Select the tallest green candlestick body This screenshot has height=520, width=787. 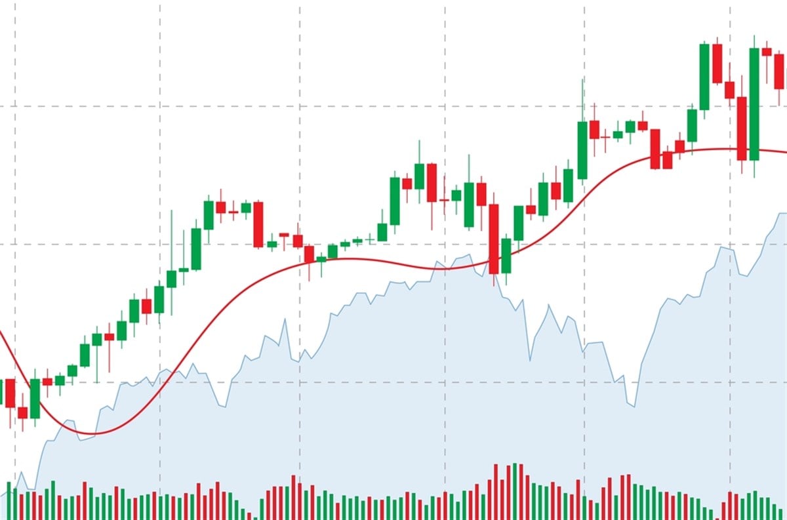[754, 104]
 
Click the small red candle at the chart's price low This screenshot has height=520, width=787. [22, 412]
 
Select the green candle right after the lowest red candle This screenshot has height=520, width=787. [35, 398]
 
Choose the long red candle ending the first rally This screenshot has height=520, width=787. [258, 224]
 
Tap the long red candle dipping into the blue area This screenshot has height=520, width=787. [494, 239]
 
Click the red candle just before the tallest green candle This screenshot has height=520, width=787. [742, 128]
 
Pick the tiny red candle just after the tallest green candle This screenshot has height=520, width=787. [767, 51]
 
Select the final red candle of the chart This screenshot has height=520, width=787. [779, 71]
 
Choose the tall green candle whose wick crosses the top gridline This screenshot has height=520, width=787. [582, 150]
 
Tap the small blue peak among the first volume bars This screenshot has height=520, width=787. [22, 473]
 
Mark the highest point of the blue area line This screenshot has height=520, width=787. [782, 213]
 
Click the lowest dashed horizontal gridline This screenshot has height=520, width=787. [393, 382]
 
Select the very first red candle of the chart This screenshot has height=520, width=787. [10, 393]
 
